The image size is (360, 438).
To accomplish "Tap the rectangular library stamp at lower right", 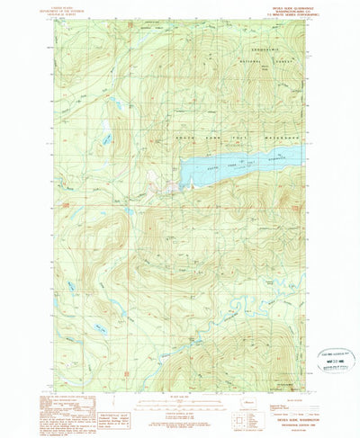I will coord(331,355).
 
